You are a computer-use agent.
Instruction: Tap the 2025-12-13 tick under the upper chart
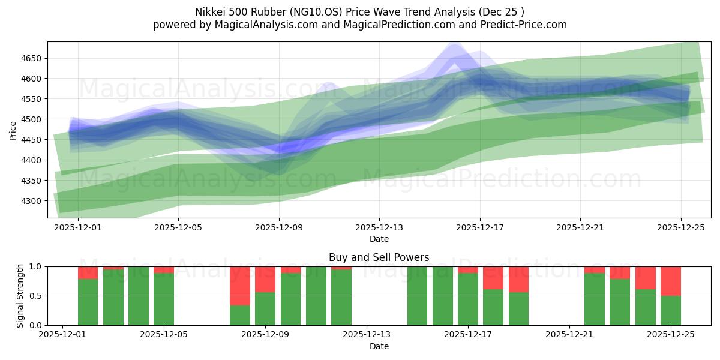click(379, 228)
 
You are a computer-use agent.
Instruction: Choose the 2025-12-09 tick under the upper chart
click(279, 228)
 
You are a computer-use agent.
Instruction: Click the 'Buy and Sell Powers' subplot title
click(379, 257)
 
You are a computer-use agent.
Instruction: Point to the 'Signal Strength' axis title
click(20, 296)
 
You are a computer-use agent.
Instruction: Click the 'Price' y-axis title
click(13, 130)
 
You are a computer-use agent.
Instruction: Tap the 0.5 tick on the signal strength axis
click(35, 296)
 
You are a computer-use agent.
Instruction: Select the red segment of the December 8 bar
click(240, 286)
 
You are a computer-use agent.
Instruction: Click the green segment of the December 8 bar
click(240, 316)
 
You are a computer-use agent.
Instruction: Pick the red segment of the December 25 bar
click(670, 281)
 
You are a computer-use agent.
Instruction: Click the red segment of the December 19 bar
click(518, 279)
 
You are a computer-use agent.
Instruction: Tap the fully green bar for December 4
click(139, 296)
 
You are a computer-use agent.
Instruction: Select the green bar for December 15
click(417, 296)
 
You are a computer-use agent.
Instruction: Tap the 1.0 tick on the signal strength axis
click(35, 266)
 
